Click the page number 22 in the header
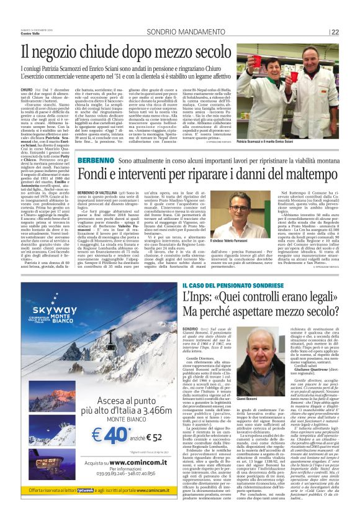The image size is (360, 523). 352,32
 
